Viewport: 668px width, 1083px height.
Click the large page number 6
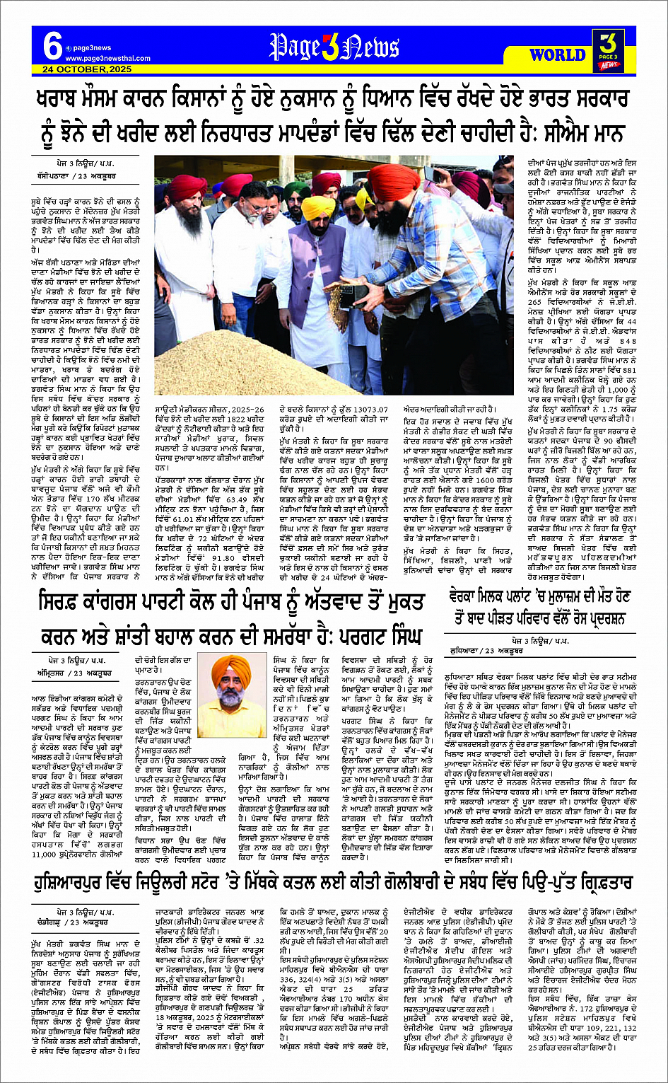tap(52, 48)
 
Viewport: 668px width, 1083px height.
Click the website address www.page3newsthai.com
tap(98, 59)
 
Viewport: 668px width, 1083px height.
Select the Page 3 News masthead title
tap(334, 48)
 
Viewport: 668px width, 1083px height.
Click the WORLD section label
tap(557, 54)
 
